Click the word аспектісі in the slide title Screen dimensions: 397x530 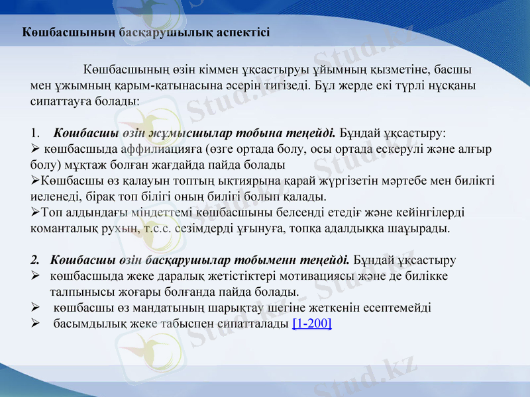coord(243,32)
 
